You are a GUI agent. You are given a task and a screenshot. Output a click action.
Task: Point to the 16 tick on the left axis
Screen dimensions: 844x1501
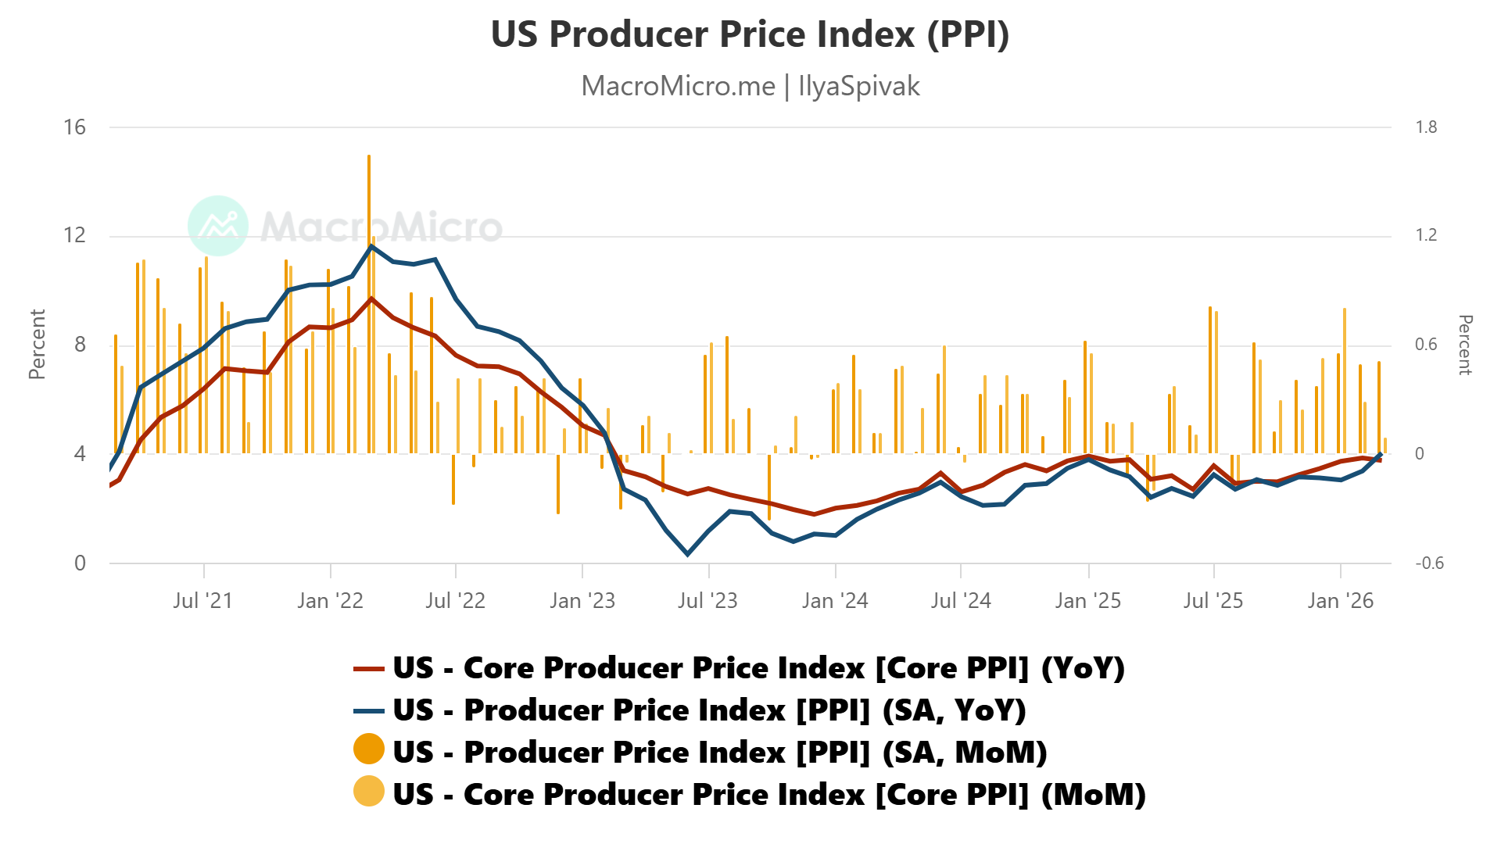pos(74,127)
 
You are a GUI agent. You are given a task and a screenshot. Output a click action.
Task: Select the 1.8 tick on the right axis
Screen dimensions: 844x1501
pos(1426,127)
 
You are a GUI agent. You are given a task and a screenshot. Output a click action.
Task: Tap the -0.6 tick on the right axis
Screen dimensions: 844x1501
pos(1429,563)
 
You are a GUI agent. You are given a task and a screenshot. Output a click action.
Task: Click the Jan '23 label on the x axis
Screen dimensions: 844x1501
pos(582,601)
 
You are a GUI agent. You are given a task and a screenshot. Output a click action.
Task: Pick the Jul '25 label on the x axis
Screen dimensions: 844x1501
pos(1213,601)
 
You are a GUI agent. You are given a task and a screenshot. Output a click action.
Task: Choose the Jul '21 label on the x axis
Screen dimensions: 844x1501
pos(203,601)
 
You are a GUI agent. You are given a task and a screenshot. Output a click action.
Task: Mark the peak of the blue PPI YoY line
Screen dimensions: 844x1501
pos(371,246)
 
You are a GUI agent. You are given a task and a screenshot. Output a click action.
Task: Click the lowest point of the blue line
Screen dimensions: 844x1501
pos(688,554)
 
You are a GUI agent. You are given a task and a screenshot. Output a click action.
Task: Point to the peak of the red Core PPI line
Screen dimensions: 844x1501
pos(372,299)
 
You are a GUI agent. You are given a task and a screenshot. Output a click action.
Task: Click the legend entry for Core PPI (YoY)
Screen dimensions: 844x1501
pos(739,668)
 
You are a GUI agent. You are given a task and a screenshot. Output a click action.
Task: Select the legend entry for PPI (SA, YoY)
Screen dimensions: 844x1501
pos(690,710)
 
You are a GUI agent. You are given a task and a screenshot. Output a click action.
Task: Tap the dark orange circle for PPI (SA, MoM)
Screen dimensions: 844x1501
pos(369,749)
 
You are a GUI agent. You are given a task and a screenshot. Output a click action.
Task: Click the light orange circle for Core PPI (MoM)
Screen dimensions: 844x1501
pos(369,792)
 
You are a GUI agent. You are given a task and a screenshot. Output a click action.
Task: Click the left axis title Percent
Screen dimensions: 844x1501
pos(37,344)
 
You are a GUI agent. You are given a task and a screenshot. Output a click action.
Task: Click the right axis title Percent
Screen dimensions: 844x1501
pos(1465,345)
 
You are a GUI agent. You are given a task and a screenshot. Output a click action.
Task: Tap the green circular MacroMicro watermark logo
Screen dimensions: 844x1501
pos(218,226)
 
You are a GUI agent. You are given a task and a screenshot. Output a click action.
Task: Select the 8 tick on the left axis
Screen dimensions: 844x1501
pos(80,345)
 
